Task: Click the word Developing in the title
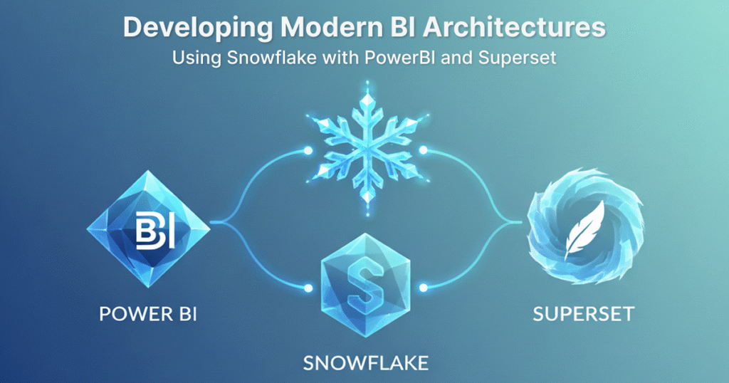[x=198, y=28]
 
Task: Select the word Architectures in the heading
[x=515, y=28]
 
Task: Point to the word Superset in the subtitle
[x=517, y=58]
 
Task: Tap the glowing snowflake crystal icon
[x=367, y=148]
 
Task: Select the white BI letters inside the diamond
[x=154, y=229]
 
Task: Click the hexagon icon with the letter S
[x=365, y=285]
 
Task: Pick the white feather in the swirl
[x=584, y=231]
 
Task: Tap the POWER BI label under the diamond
[x=148, y=314]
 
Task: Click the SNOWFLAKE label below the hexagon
[x=366, y=363]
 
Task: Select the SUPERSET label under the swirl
[x=584, y=314]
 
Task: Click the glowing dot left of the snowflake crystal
[x=308, y=151]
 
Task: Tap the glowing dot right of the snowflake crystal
[x=423, y=150]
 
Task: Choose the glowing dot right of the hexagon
[x=423, y=288]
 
